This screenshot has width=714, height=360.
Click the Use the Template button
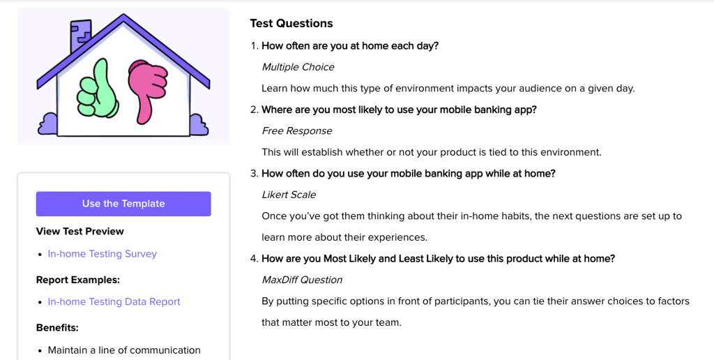pos(123,204)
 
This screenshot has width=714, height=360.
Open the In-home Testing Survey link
pos(102,254)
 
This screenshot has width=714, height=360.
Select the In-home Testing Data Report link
pos(114,301)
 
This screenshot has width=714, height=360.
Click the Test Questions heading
pos(291,23)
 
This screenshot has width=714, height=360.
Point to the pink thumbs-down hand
pos(146,89)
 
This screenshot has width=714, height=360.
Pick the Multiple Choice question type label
pos(298,67)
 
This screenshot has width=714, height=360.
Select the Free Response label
pos(297,130)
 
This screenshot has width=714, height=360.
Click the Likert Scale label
pos(289,195)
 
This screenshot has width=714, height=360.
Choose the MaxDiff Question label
pos(302,280)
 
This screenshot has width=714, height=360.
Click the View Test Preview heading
pos(79,231)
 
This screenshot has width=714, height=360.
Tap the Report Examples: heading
pos(78,280)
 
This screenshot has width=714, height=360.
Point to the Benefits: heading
pos(57,328)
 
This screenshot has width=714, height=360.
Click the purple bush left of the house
pos(47,124)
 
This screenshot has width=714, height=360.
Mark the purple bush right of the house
pos(199,125)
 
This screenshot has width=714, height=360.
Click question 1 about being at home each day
pos(350,45)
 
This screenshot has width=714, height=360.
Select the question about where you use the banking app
pos(399,110)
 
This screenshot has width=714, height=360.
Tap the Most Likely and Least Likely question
pos(438,258)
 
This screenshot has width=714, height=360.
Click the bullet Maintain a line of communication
pos(124,350)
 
